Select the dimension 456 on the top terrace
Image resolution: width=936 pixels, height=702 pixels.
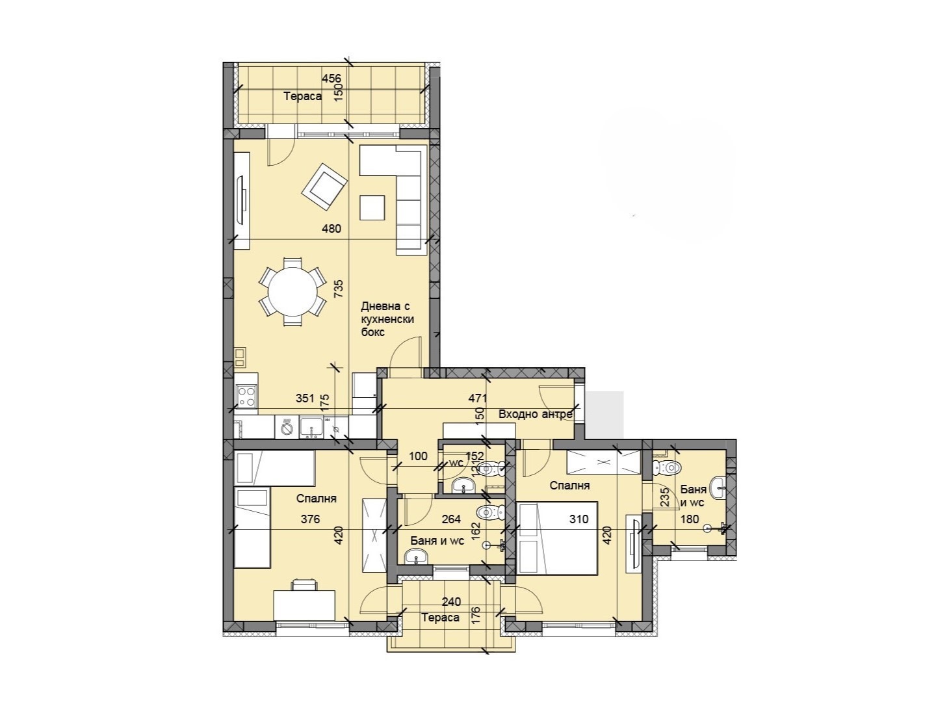pyautogui.click(x=331, y=79)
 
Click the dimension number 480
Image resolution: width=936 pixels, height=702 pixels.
pyautogui.click(x=331, y=229)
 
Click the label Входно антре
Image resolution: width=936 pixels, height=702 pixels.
pyautogui.click(x=535, y=414)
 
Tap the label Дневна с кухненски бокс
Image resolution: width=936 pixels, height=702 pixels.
pyautogui.click(x=387, y=319)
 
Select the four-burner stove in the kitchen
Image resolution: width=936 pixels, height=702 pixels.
pyautogui.click(x=246, y=396)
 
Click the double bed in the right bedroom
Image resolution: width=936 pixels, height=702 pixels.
pyautogui.click(x=558, y=538)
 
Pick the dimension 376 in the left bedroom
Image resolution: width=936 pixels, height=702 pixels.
pyautogui.click(x=310, y=519)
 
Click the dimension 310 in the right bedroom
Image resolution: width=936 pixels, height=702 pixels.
pyautogui.click(x=578, y=519)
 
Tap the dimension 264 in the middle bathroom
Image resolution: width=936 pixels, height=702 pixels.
pyautogui.click(x=451, y=519)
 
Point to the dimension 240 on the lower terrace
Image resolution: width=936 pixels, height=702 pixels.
pyautogui.click(x=451, y=602)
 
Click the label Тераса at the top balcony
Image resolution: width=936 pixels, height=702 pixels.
pyautogui.click(x=302, y=96)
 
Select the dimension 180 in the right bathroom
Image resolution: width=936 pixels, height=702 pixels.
pyautogui.click(x=690, y=519)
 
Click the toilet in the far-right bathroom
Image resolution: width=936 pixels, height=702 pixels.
pyautogui.click(x=669, y=467)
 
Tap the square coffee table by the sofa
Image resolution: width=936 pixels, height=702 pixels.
pyautogui.click(x=373, y=208)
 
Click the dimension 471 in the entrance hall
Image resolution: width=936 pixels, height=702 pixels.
pyautogui.click(x=478, y=398)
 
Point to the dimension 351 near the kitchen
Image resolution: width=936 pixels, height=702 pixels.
pyautogui.click(x=305, y=398)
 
